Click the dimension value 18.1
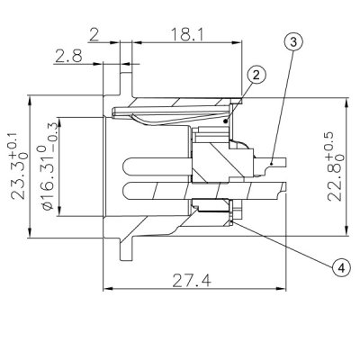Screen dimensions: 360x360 click(x=188, y=34)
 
